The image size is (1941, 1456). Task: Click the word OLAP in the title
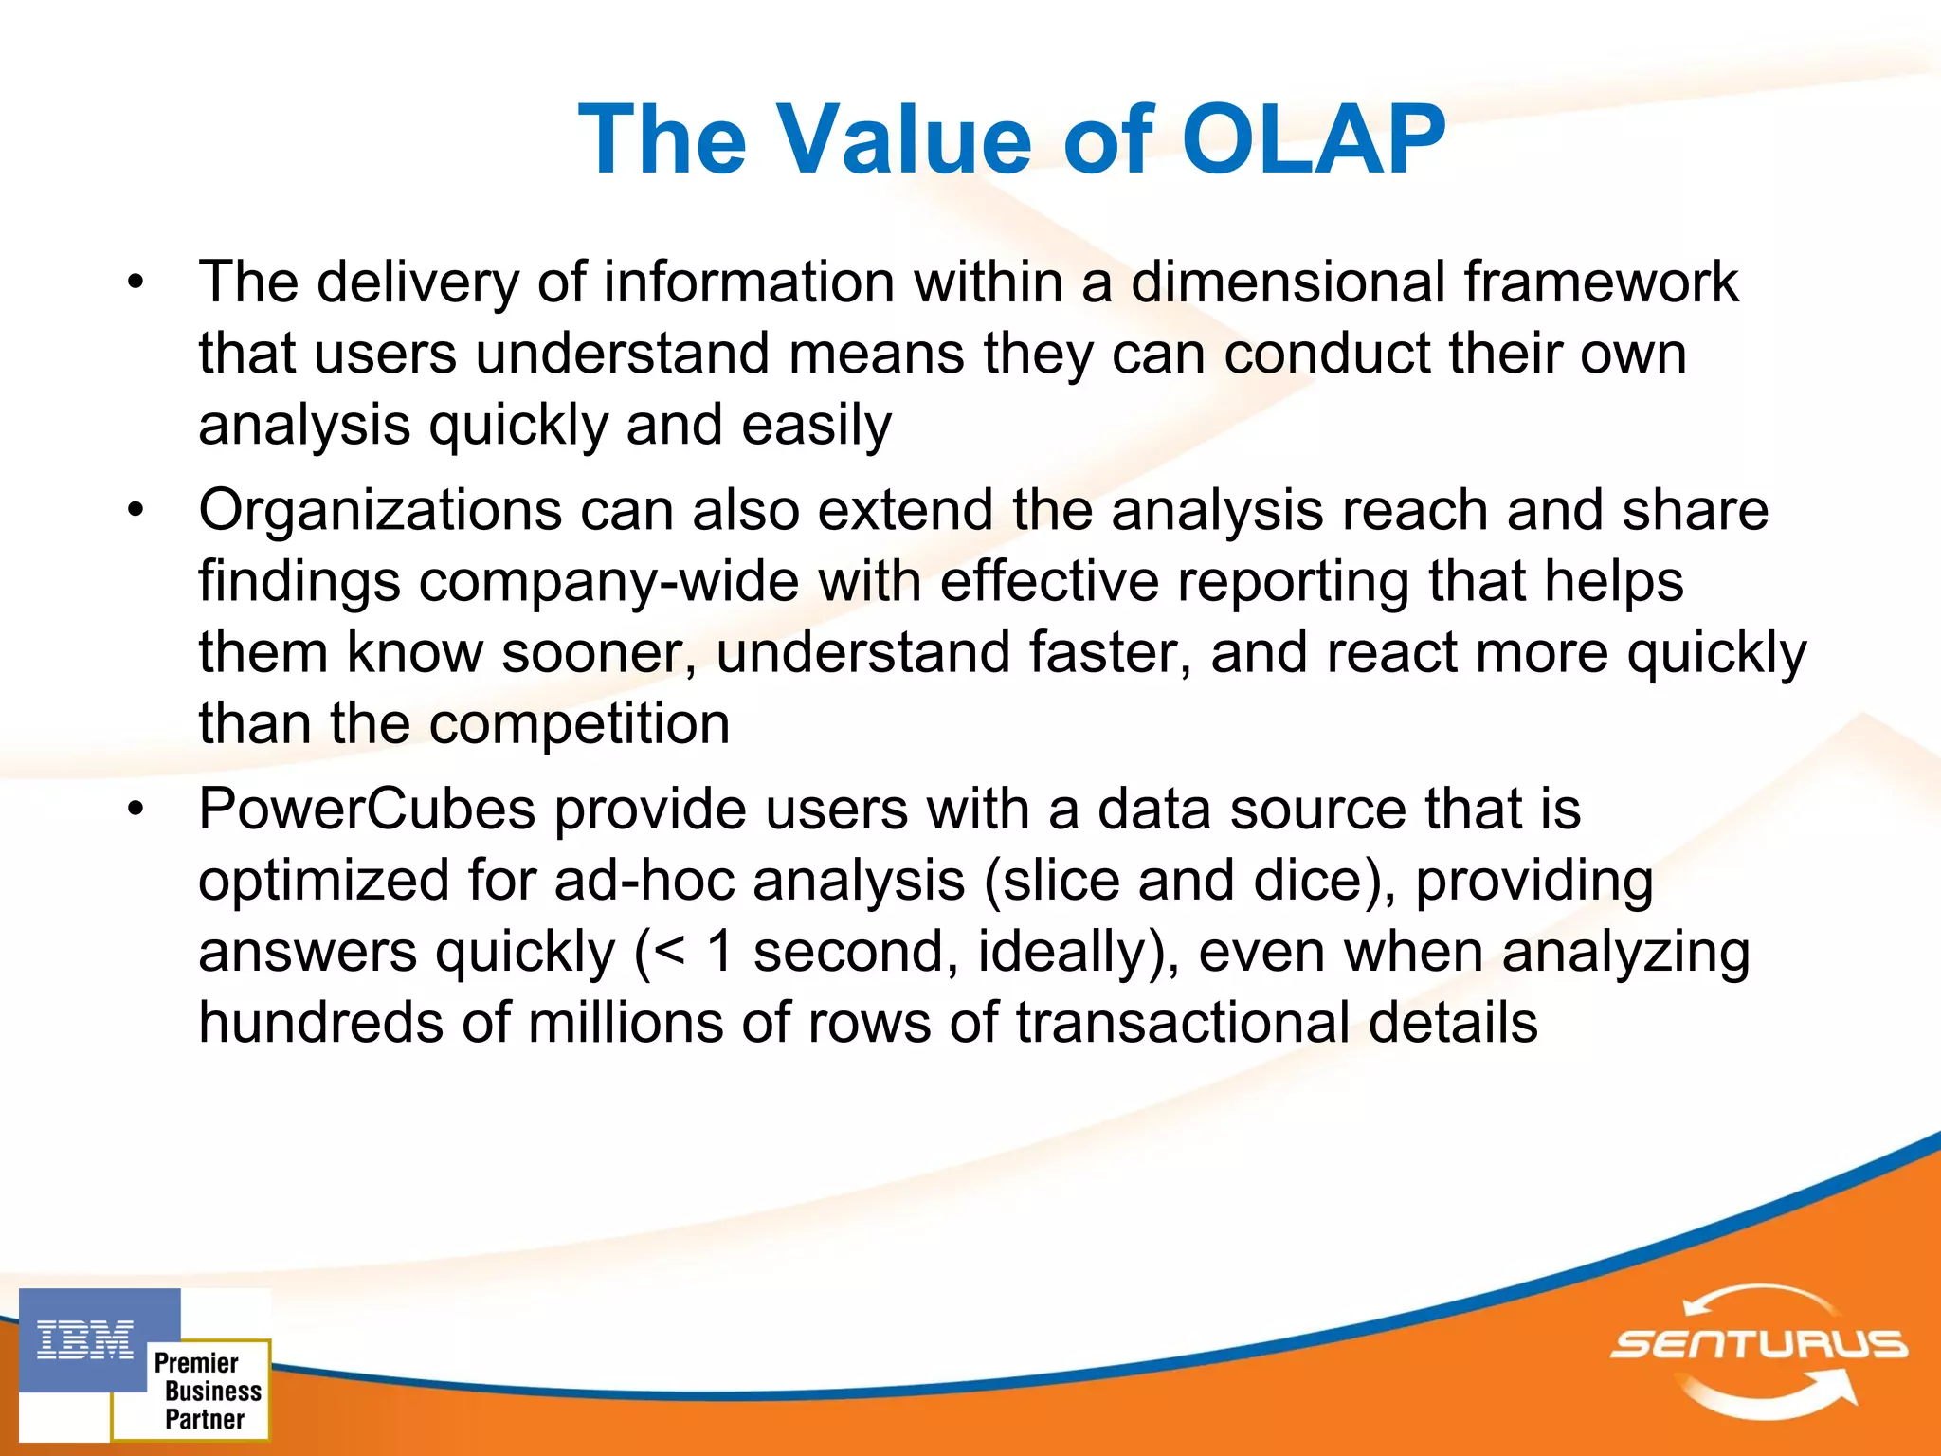click(1313, 140)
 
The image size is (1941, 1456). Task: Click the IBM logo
click(85, 1340)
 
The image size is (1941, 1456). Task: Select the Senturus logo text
click(1759, 1344)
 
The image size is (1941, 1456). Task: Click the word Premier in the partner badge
click(196, 1363)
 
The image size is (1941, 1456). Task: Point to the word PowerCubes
click(367, 810)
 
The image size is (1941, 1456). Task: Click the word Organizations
click(380, 511)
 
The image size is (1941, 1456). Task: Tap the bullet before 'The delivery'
click(136, 282)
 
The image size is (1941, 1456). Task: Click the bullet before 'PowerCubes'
click(136, 810)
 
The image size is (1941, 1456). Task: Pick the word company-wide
click(609, 582)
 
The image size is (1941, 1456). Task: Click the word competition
click(579, 724)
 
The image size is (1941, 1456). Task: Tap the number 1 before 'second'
click(720, 952)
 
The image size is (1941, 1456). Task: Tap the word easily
click(816, 425)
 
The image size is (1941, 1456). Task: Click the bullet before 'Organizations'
click(136, 511)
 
